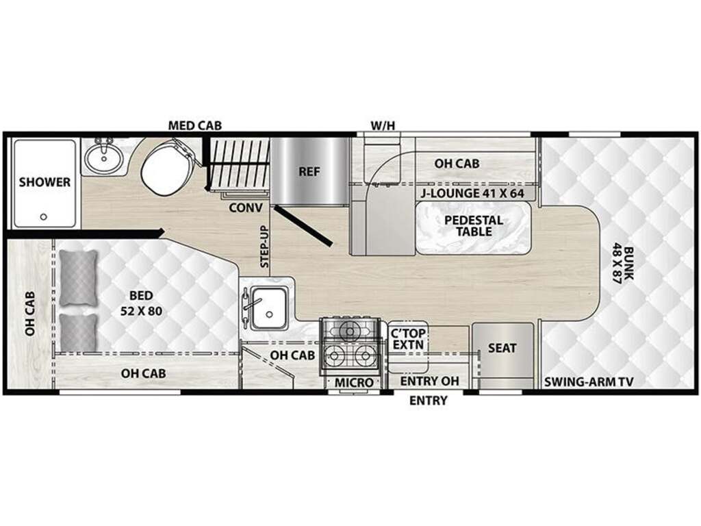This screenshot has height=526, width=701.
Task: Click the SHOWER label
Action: tap(44, 182)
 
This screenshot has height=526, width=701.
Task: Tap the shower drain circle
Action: tap(43, 217)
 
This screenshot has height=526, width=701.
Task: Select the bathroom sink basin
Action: tap(103, 157)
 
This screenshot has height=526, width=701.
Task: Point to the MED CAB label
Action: tap(194, 126)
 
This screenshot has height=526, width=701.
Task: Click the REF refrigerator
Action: tap(309, 171)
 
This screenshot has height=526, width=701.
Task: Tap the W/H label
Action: tap(383, 126)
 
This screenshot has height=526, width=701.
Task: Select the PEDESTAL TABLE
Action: tap(474, 227)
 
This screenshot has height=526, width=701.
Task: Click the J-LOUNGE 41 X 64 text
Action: tap(472, 193)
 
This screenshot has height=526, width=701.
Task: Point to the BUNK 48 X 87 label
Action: tap(623, 264)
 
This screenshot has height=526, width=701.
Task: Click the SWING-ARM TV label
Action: tap(589, 382)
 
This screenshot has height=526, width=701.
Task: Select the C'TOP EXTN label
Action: tap(408, 339)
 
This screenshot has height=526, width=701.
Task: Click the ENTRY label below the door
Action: tap(428, 401)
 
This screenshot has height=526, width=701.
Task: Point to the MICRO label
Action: tap(354, 383)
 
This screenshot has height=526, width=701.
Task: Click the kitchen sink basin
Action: tap(268, 308)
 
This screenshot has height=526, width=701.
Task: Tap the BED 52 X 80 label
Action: tap(141, 303)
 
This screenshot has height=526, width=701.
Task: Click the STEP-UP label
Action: tap(264, 247)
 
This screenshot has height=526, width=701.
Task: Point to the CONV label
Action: tap(246, 208)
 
